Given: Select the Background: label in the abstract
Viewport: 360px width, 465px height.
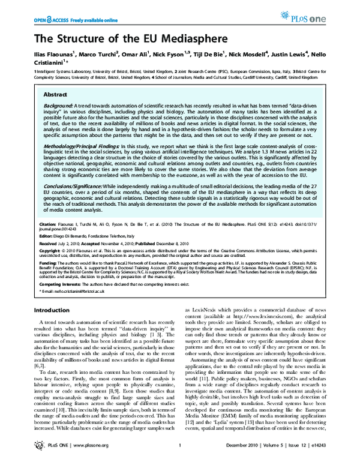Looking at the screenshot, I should click(60, 105).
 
